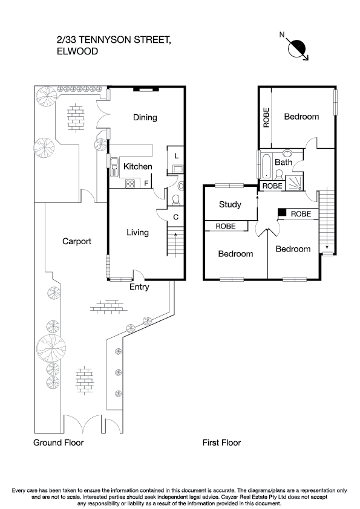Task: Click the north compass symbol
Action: [298, 48]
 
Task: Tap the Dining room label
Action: [145, 117]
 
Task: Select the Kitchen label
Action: [137, 166]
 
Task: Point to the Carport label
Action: [77, 241]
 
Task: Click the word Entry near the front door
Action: [139, 287]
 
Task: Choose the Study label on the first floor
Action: [230, 204]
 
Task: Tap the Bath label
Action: [284, 162]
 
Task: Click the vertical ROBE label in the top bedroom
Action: [266, 117]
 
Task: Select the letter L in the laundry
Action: [175, 156]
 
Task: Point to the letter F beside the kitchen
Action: [146, 183]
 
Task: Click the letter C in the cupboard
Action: [175, 217]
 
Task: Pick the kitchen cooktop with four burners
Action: [129, 184]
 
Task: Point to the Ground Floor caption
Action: [58, 443]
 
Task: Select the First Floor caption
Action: [221, 443]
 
